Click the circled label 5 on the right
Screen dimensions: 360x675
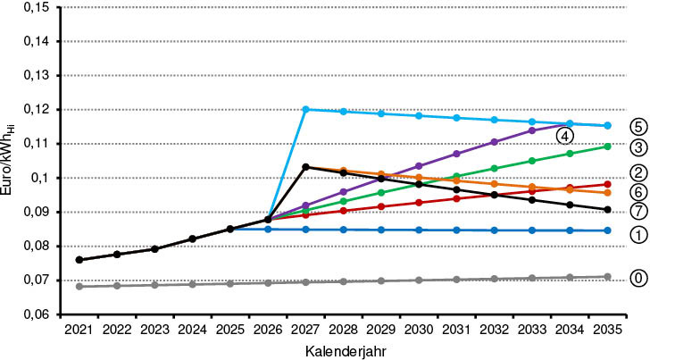pyautogui.click(x=637, y=126)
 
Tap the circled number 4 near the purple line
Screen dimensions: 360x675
pyautogui.click(x=564, y=135)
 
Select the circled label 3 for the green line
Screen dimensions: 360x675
pyautogui.click(x=637, y=147)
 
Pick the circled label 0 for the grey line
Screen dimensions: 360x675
pyautogui.click(x=637, y=278)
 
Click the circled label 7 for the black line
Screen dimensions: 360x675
pyautogui.click(x=637, y=211)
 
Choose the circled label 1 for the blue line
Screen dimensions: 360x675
pyautogui.click(x=637, y=234)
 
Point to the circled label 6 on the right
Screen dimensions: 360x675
pyautogui.click(x=637, y=192)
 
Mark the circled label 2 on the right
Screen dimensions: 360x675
pyautogui.click(x=637, y=172)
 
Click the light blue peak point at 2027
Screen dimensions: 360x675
pyautogui.click(x=305, y=109)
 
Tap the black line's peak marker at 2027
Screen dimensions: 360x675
pyautogui.click(x=305, y=167)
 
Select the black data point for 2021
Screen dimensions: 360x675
pyautogui.click(x=79, y=260)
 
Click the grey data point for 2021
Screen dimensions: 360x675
pyautogui.click(x=79, y=287)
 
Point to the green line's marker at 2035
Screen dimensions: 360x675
pyautogui.click(x=608, y=147)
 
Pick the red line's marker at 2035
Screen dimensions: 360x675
pyautogui.click(x=608, y=184)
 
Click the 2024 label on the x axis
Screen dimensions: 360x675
pyautogui.click(x=192, y=331)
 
